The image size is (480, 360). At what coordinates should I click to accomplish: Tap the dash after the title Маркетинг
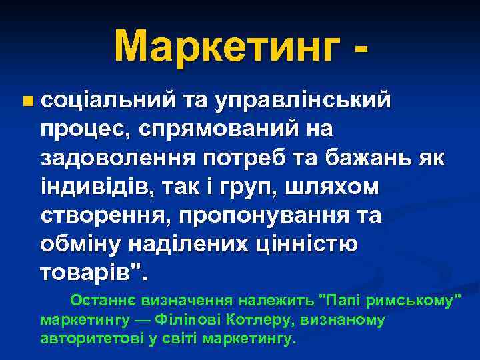click(x=360, y=51)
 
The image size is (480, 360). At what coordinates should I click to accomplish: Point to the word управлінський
click(x=307, y=101)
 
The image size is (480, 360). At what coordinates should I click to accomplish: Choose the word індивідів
click(x=93, y=188)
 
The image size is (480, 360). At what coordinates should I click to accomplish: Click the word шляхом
click(x=329, y=188)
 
